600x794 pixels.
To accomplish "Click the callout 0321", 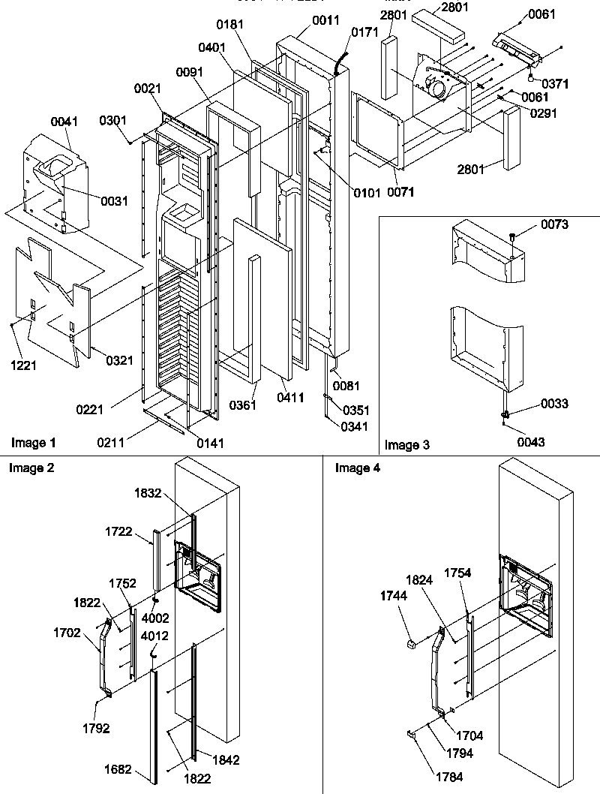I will (x=118, y=361).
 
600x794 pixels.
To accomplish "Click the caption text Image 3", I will (x=406, y=445).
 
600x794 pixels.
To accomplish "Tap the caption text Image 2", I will (x=31, y=468).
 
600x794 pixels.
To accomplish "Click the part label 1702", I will (x=67, y=633).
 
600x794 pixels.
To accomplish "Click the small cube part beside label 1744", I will (x=412, y=643).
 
